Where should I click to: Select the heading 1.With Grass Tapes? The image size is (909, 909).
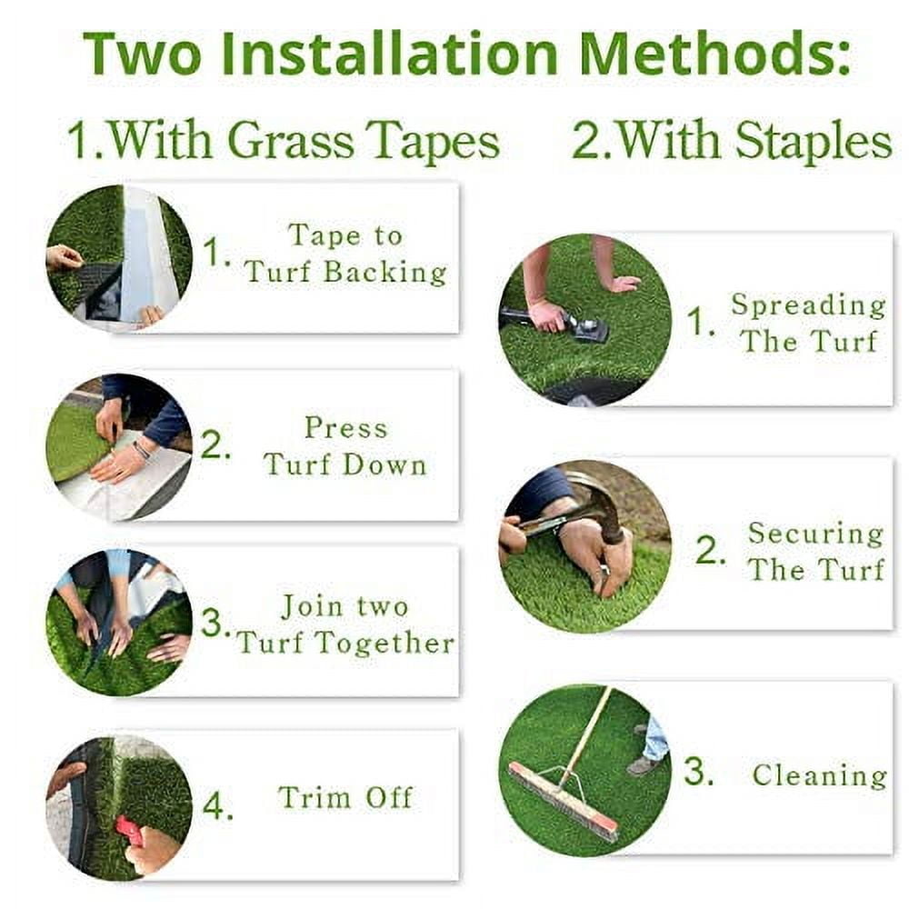pyautogui.click(x=283, y=142)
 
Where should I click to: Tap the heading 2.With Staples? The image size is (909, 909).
pyautogui.click(x=731, y=142)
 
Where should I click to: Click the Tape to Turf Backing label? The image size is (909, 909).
pyautogui.click(x=345, y=254)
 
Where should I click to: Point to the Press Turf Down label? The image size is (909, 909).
pyautogui.click(x=345, y=446)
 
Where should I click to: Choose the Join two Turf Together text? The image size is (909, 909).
pyautogui.click(x=345, y=624)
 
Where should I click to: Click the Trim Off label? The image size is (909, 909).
pyautogui.click(x=345, y=798)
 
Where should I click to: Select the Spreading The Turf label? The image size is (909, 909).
pyautogui.click(x=808, y=323)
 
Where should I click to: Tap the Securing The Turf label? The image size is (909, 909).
pyautogui.click(x=815, y=551)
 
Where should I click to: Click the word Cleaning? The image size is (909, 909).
pyautogui.click(x=819, y=775)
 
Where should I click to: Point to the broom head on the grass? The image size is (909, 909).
pyautogui.click(x=563, y=801)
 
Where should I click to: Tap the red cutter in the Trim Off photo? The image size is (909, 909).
pyautogui.click(x=128, y=828)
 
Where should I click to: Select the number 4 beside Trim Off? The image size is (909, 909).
pyautogui.click(x=216, y=806)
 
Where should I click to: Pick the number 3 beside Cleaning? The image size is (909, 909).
pyautogui.click(x=697, y=773)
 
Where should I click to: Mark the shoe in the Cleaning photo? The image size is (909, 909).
pyautogui.click(x=643, y=765)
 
